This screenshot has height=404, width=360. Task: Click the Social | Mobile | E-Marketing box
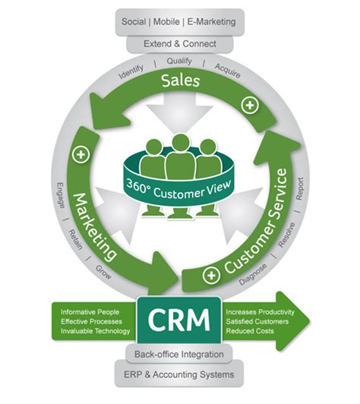pyautogui.click(x=180, y=21)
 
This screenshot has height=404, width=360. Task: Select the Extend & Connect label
pyautogui.click(x=180, y=44)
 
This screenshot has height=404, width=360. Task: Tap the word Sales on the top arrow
pyautogui.click(x=180, y=80)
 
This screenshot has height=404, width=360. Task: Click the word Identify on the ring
pyautogui.click(x=132, y=74)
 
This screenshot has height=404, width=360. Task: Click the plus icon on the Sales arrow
pyautogui.click(x=247, y=103)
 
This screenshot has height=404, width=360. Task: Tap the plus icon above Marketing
pyautogui.click(x=81, y=154)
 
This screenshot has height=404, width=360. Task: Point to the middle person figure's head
pyautogui.click(x=180, y=143)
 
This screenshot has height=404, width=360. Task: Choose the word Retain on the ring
pyautogui.click(x=74, y=238)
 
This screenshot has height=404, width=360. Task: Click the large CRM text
pyautogui.click(x=179, y=320)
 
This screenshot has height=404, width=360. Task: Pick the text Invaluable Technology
pyautogui.click(x=94, y=332)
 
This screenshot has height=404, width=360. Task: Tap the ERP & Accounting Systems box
pyautogui.click(x=180, y=375)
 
